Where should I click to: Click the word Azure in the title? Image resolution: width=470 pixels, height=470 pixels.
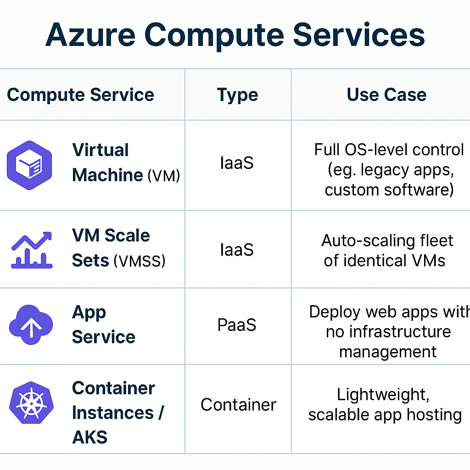90,34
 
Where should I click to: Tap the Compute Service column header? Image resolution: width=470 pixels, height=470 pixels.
80,95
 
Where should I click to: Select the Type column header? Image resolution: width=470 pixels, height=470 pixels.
237,95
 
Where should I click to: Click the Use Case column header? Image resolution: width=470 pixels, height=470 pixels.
386,95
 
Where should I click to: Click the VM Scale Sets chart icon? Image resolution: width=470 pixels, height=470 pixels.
31,250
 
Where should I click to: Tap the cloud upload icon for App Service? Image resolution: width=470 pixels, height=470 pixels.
31,325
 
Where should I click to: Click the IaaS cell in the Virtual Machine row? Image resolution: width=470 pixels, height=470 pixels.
237,163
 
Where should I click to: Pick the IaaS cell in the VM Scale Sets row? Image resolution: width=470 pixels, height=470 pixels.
237,250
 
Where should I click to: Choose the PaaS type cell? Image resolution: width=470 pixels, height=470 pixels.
237,325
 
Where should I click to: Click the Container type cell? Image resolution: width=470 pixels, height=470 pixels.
238,404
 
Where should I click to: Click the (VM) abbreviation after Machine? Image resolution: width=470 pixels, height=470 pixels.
163,176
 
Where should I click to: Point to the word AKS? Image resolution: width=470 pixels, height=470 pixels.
90,437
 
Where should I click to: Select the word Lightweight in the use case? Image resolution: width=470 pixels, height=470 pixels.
382,394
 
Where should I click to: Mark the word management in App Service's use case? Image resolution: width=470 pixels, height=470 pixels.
388,352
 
